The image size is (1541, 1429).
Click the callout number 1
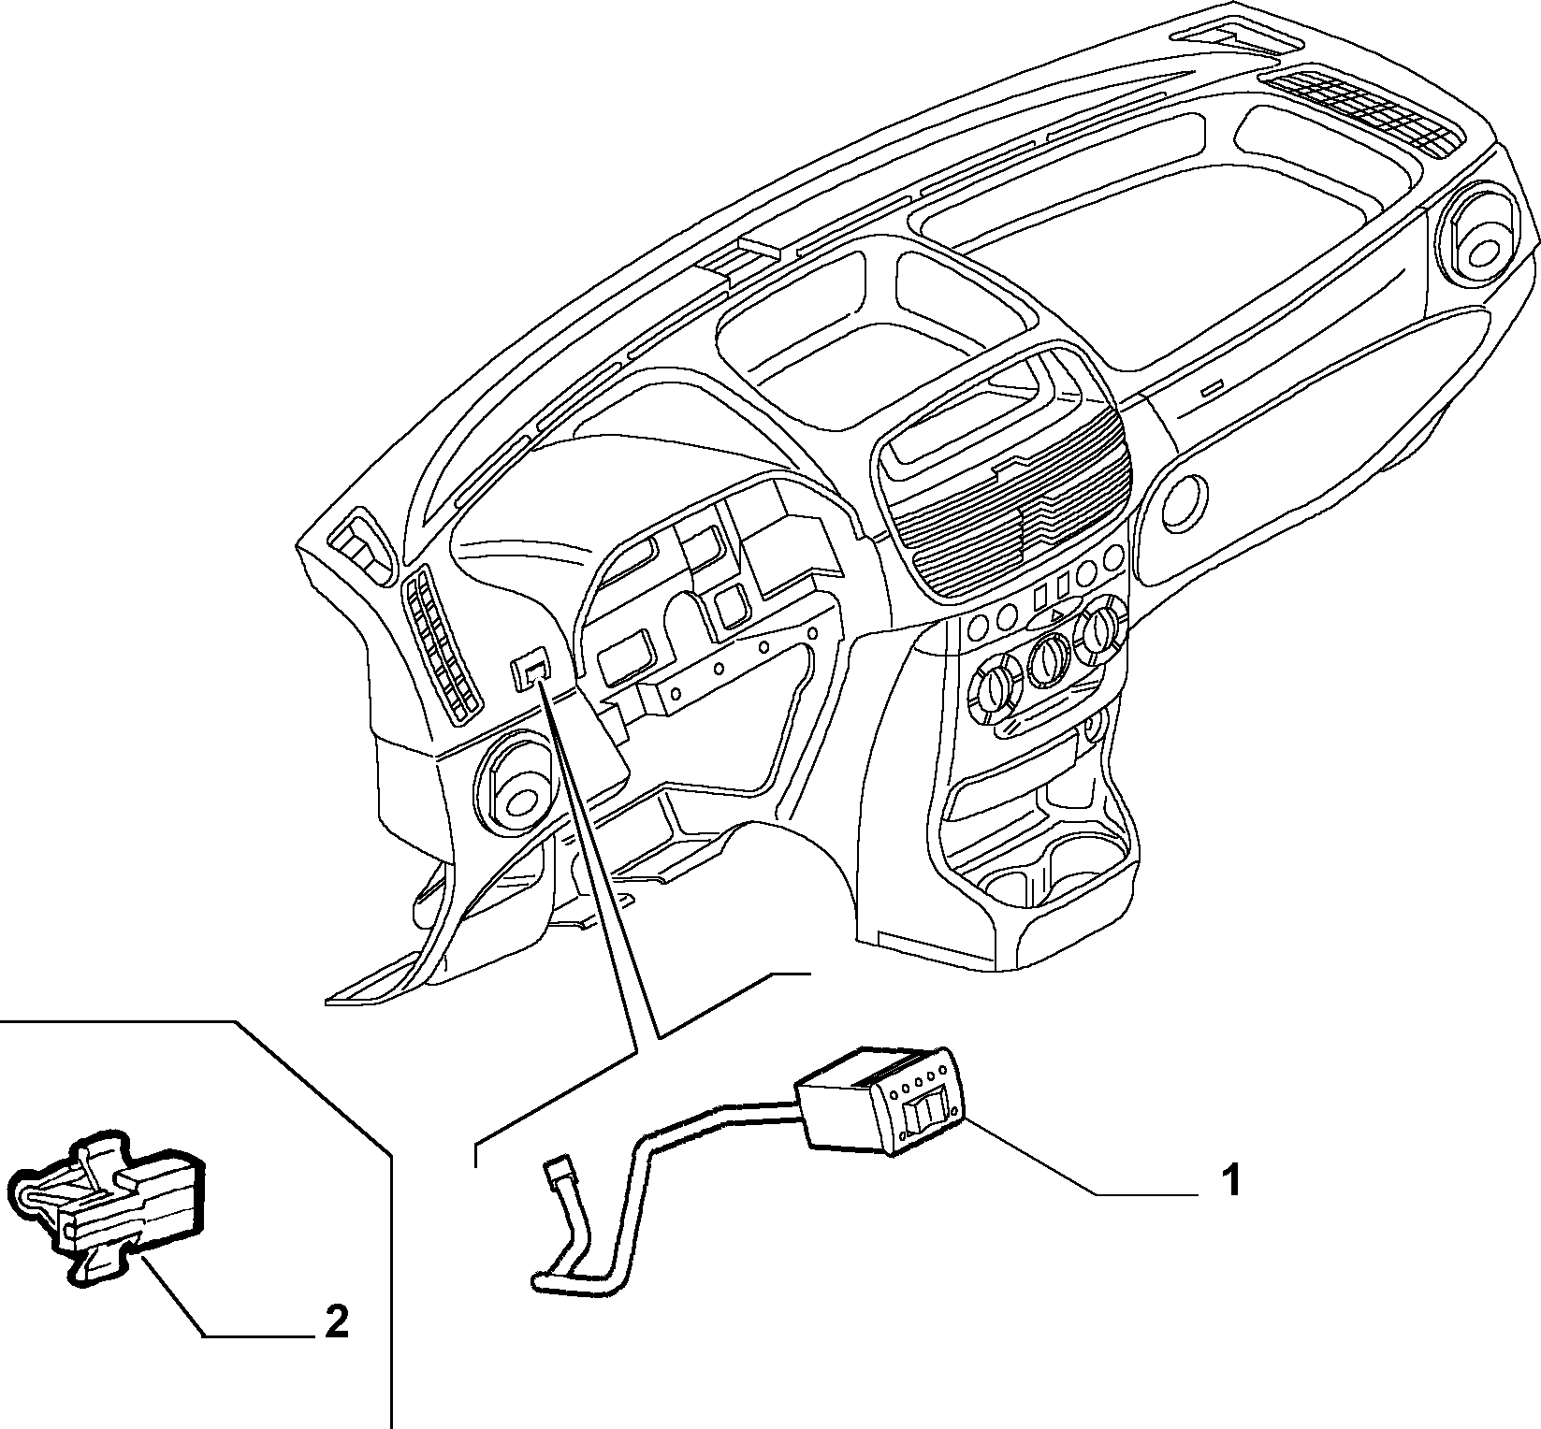1232,1181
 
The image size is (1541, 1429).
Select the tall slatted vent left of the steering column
440,645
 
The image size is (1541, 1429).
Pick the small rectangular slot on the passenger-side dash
1213,388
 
